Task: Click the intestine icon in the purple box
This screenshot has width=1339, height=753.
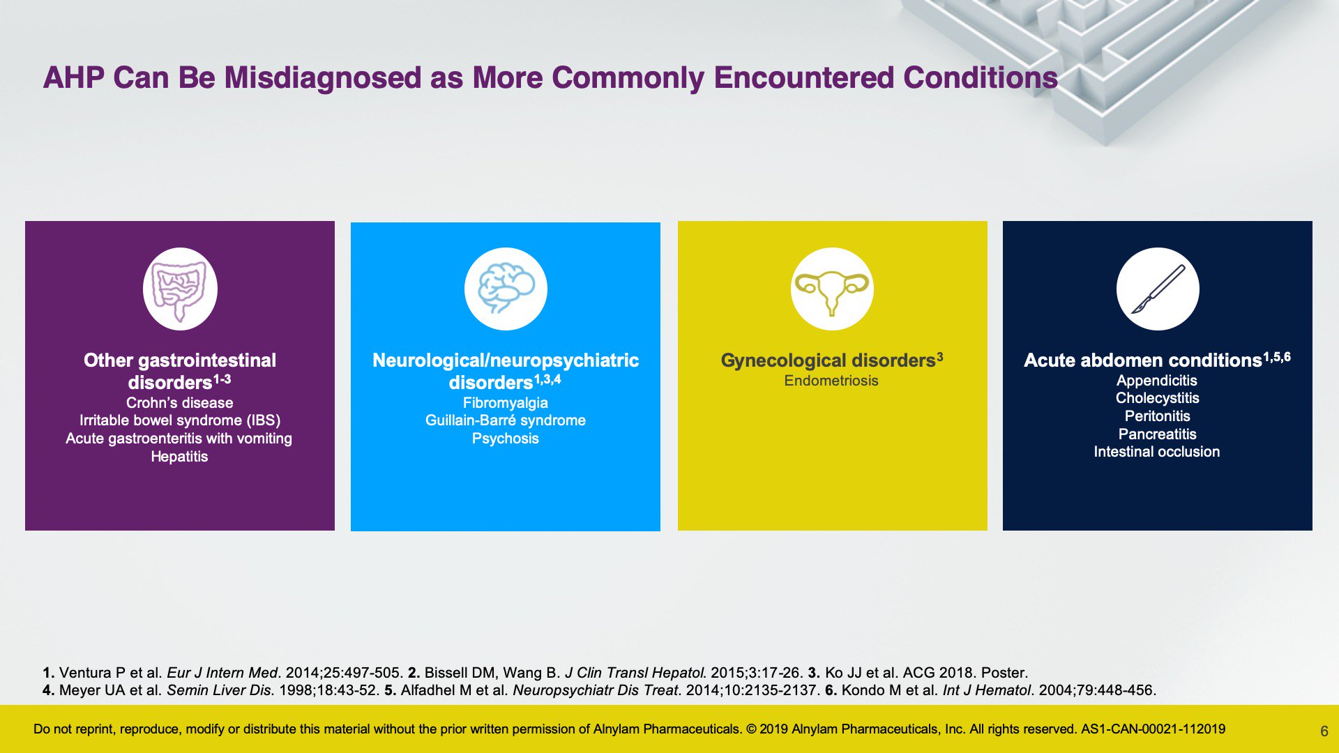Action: point(180,289)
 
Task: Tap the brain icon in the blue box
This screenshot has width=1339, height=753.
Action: point(506,288)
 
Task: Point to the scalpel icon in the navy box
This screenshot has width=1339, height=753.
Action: point(1158,289)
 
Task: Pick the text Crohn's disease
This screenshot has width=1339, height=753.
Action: point(180,403)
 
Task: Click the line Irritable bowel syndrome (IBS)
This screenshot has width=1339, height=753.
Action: point(180,420)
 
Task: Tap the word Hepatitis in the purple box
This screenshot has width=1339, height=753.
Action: point(180,457)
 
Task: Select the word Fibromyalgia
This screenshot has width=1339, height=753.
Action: point(506,403)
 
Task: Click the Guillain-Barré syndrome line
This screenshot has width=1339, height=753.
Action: point(506,420)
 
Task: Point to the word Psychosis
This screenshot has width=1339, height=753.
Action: point(506,439)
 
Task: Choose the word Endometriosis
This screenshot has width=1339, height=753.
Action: point(831,381)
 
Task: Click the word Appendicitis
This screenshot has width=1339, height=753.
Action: point(1157,381)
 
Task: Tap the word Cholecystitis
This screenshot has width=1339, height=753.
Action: point(1158,398)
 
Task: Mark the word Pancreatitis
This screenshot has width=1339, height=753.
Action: point(1158,434)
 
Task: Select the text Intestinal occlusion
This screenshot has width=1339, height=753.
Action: point(1157,452)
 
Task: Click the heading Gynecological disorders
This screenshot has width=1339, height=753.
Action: point(828,360)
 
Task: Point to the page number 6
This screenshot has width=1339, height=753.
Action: point(1324,731)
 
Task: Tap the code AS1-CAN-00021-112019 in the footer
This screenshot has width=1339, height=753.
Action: point(1153,729)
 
